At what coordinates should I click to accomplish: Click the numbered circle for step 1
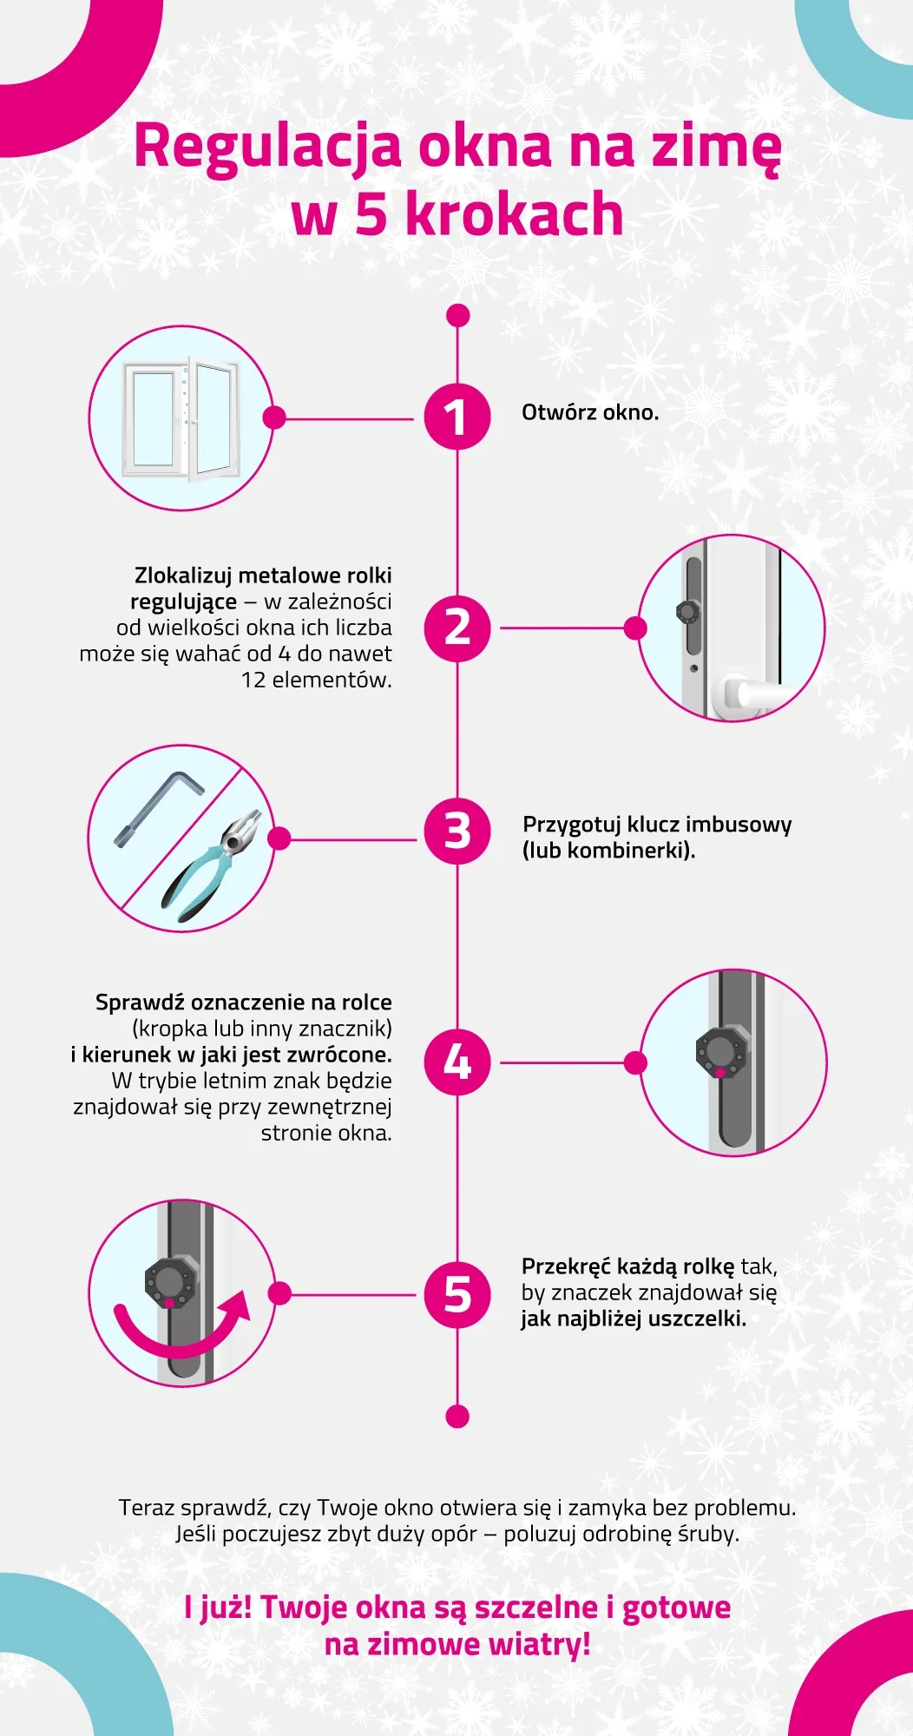(457, 417)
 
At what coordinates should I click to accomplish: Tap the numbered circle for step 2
(457, 628)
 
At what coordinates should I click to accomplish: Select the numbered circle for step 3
(457, 832)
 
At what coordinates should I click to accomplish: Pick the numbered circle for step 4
(457, 1062)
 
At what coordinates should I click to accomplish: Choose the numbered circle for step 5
(457, 1294)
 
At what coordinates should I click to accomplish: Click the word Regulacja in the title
(268, 148)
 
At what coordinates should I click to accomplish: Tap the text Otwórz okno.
(590, 412)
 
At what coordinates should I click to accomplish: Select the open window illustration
(181, 418)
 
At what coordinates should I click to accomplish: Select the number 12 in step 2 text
(253, 680)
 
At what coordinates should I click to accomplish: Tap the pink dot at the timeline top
(457, 315)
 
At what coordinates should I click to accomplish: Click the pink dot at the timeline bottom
(457, 1417)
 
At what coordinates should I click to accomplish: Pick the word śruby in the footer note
(706, 1535)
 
